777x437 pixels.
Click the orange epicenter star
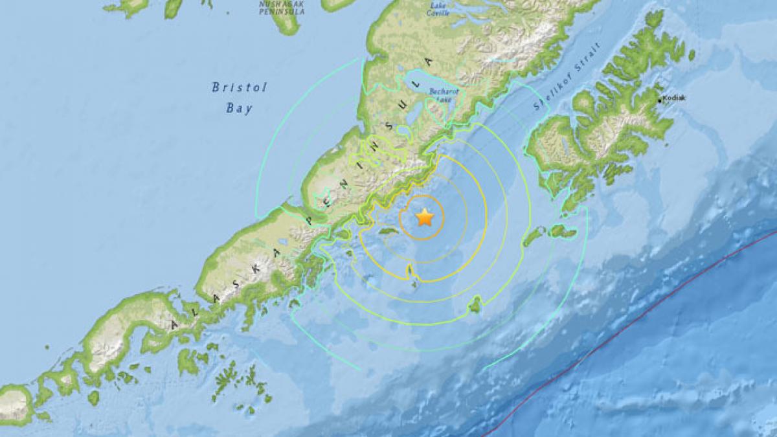coord(424,218)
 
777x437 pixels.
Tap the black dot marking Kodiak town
coord(659,100)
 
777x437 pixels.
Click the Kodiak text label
coord(674,98)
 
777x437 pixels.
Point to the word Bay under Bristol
coord(239,108)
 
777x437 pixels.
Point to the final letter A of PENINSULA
coord(427,62)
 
